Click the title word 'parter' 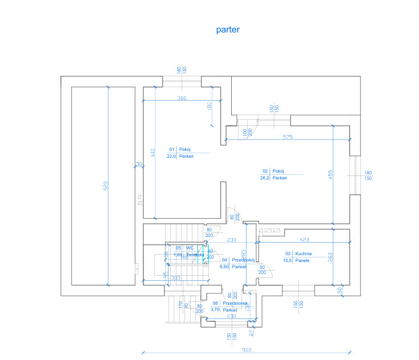(x=227, y=30)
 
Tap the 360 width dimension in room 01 (x=181, y=99)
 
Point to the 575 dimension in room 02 (x=287, y=137)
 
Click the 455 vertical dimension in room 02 (x=330, y=175)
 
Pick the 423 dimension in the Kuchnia (x=304, y=239)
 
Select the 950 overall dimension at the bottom (x=247, y=349)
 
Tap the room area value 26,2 (x=265, y=178)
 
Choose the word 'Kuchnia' (x=303, y=253)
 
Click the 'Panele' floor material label (x=302, y=260)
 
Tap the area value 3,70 (x=215, y=310)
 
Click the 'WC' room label (x=190, y=248)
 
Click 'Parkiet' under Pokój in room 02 (x=280, y=178)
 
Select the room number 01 (x=171, y=149)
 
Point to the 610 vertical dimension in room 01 (x=153, y=153)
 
